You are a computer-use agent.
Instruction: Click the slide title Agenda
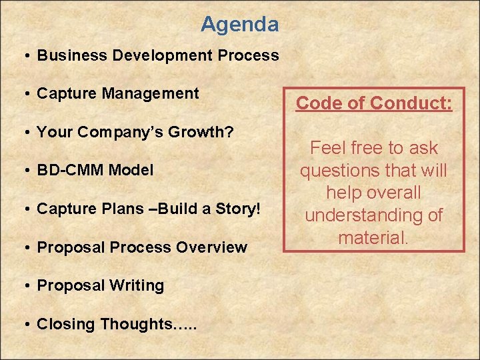239,25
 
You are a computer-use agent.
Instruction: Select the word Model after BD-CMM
131,170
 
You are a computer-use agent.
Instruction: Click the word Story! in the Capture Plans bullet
238,209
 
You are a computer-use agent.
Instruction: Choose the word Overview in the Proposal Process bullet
213,247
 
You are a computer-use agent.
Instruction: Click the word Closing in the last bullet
66,324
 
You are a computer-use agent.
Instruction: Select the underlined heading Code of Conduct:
374,103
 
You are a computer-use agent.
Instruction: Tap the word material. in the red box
373,237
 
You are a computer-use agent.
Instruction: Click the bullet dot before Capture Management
23,94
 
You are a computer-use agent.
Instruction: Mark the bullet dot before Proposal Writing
23,286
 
